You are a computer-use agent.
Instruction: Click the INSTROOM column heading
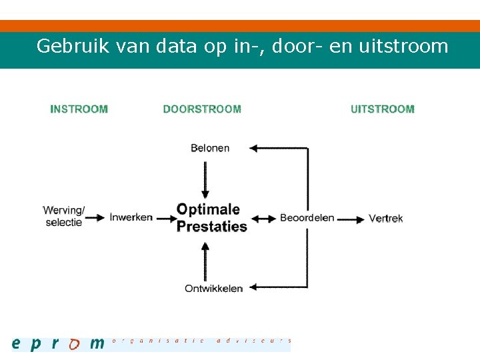[79, 109]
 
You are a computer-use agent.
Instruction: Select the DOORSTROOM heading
[202, 109]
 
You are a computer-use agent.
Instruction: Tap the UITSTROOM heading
[383, 109]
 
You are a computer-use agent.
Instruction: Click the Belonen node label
[210, 148]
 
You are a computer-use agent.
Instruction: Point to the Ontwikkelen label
[214, 289]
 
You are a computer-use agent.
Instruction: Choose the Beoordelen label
[307, 218]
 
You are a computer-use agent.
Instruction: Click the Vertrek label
[386, 218]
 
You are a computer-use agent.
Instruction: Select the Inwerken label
[131, 217]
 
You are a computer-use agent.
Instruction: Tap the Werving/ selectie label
[64, 217]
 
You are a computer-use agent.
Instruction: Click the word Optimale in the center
[208, 209]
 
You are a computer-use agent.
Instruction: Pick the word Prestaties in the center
[211, 227]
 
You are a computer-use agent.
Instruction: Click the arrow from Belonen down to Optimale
[205, 177]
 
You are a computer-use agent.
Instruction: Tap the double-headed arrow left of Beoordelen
[264, 218]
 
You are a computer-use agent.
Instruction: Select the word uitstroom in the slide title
[403, 46]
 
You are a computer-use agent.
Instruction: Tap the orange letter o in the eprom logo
[75, 344]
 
